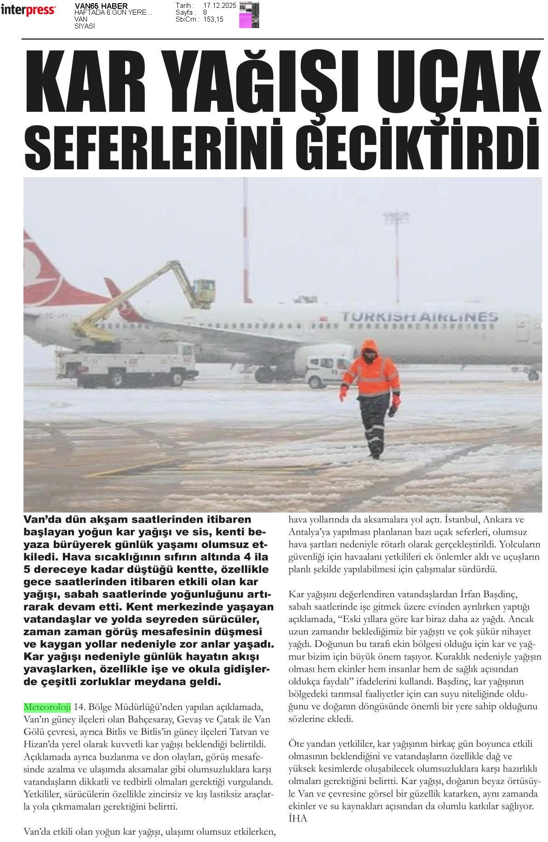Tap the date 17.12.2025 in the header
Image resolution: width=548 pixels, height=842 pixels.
coord(219,6)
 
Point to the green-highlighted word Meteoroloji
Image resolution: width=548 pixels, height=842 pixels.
coord(47,706)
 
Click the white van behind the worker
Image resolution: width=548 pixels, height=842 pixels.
coord(326,371)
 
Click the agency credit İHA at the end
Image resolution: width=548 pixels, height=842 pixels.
coord(297,818)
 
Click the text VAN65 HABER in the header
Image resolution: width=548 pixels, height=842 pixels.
coord(101,6)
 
